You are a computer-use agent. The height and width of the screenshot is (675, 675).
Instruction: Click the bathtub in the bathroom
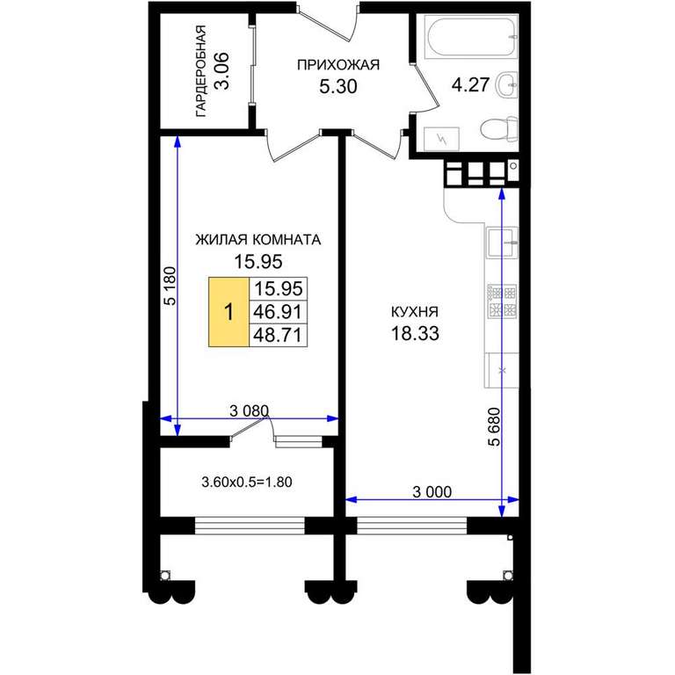(x=471, y=37)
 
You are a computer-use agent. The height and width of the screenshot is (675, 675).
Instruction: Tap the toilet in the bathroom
(x=498, y=128)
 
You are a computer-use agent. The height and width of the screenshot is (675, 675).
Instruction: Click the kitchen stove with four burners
(x=502, y=301)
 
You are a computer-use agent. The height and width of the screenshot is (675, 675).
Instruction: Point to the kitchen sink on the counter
(x=502, y=243)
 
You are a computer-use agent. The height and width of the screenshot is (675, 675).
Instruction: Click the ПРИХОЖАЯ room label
(x=338, y=65)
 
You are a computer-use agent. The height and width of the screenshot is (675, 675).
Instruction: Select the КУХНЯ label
(x=415, y=311)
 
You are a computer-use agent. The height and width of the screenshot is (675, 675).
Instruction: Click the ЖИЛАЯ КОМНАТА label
(x=258, y=239)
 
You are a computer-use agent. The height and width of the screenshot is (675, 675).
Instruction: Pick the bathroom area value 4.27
(x=470, y=84)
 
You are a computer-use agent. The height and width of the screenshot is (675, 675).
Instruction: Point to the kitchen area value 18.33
(x=415, y=333)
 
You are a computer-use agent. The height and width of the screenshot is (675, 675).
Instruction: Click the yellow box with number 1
(x=229, y=312)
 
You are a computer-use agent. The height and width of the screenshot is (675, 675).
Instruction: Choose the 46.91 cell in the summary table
(x=278, y=311)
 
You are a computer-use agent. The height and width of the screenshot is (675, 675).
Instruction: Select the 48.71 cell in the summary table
(x=278, y=335)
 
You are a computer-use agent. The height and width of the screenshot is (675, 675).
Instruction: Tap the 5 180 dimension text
(x=171, y=286)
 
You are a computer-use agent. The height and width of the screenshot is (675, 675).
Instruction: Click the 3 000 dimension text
(x=432, y=491)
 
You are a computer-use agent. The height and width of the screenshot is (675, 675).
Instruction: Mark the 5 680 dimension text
(x=495, y=426)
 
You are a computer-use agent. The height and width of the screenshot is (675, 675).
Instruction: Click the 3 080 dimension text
(x=250, y=411)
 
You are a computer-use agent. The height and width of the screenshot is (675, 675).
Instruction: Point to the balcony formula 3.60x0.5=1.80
(x=247, y=482)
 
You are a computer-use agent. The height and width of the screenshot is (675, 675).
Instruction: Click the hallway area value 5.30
(x=338, y=86)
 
